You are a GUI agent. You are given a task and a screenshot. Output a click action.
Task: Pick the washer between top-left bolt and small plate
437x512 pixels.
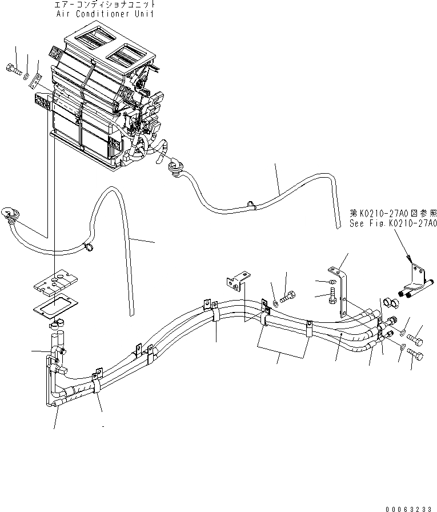pos(27,74)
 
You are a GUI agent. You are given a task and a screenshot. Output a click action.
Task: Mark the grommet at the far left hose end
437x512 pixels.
pos(11,214)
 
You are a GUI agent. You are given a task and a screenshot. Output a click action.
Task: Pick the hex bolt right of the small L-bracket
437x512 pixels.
pos(289,295)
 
